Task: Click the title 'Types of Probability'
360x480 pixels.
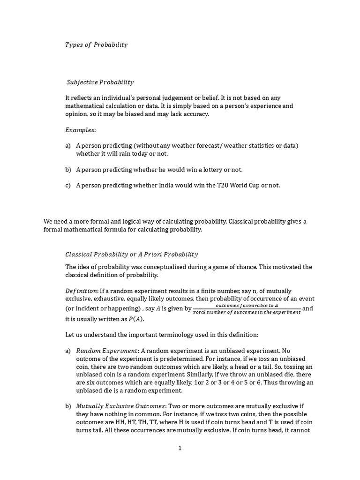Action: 96,45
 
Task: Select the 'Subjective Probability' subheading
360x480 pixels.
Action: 100,82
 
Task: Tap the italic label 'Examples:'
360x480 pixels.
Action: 80,129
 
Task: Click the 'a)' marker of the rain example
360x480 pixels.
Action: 68,146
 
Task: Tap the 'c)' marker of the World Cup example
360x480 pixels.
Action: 68,185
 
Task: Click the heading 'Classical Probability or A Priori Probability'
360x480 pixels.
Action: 131,255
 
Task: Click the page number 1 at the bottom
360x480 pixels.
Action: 180,448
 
